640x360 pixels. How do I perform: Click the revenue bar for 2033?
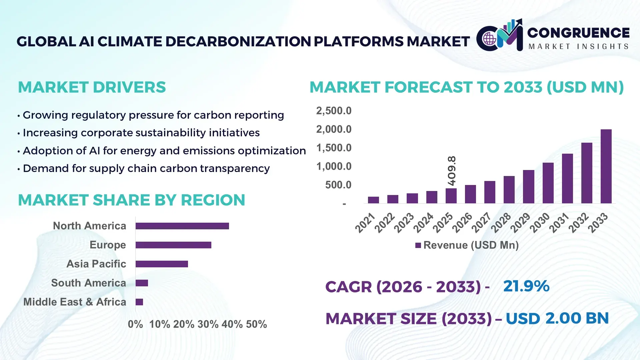(606, 166)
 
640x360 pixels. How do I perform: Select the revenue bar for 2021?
(373, 200)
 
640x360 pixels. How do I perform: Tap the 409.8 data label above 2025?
(452, 171)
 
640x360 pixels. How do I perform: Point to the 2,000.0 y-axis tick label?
(334, 129)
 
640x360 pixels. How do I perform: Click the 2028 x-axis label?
(501, 222)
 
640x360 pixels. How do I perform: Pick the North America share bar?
(182, 226)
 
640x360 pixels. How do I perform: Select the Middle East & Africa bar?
(139, 302)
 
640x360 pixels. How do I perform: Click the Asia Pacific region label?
(96, 264)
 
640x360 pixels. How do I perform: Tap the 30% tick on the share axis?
(208, 324)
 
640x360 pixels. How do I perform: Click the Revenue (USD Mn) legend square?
(418, 245)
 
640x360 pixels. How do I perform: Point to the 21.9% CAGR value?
(526, 286)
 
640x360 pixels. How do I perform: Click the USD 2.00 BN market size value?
(557, 318)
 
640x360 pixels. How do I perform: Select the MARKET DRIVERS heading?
(92, 87)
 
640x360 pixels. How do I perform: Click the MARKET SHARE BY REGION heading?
(131, 200)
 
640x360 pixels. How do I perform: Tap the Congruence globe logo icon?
(489, 39)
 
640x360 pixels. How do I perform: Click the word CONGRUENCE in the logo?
(578, 33)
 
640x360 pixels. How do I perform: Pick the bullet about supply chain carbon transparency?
(146, 168)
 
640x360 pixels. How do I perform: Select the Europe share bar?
(173, 245)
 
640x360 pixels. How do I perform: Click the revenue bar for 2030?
(548, 183)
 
